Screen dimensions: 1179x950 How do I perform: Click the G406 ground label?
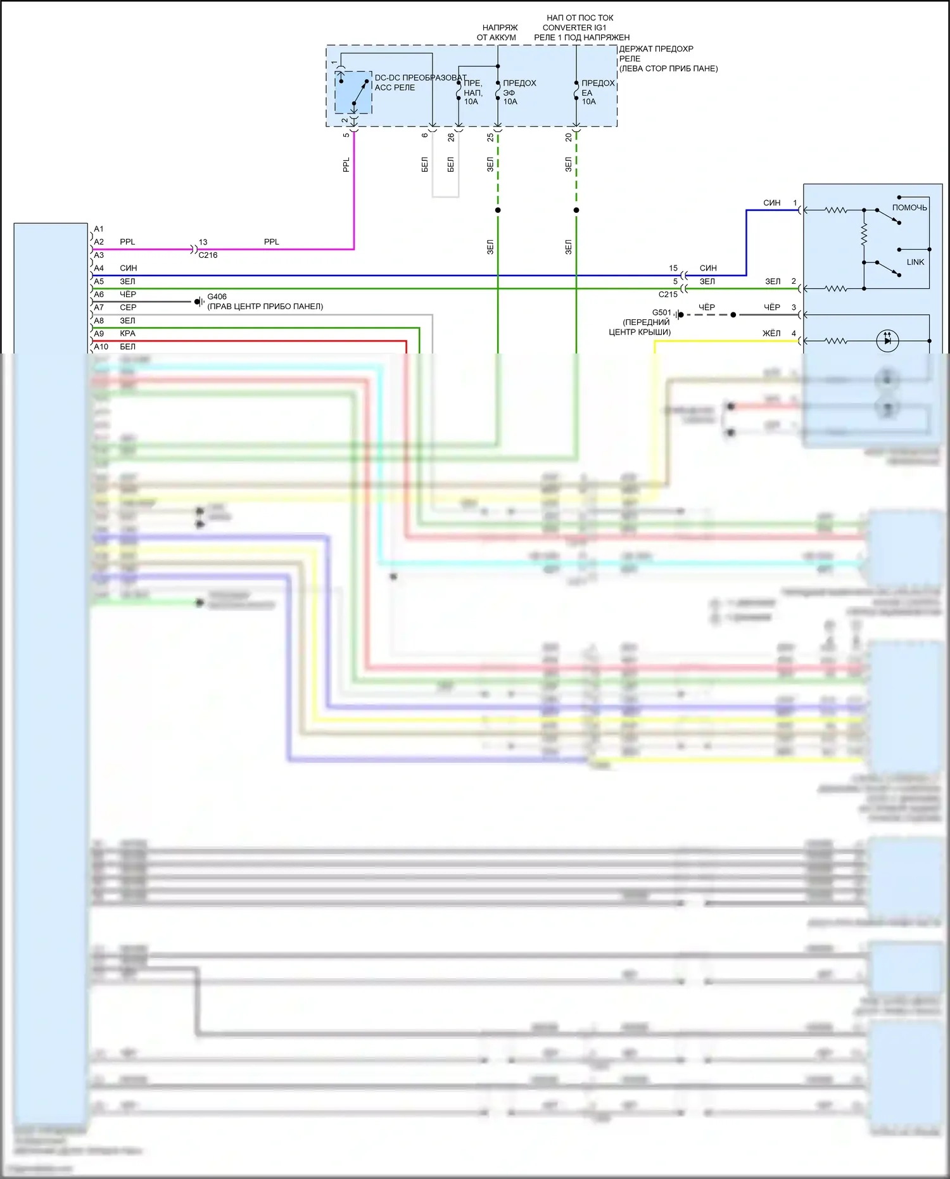pos(217,296)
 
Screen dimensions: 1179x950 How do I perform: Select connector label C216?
pos(208,255)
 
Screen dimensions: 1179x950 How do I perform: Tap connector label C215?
pos(668,295)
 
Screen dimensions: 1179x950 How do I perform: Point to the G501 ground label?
pos(661,312)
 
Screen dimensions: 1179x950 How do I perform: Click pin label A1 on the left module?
pos(99,229)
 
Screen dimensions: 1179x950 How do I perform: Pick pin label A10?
pos(101,347)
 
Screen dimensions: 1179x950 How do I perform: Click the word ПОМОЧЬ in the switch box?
pos(909,208)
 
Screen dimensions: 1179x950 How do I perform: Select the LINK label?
pos(915,262)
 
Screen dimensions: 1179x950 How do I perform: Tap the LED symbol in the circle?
pos(887,341)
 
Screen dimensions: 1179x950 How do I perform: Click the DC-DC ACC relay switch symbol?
pos(353,92)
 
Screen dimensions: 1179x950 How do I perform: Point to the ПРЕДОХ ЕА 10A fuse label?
pos(597,92)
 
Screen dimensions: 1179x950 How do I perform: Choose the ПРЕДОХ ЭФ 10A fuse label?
pos(519,92)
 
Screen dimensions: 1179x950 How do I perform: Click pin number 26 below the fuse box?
pos(451,137)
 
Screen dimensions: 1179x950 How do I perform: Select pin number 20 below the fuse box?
pos(569,137)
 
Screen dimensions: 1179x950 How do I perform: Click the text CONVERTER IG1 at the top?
pos(574,28)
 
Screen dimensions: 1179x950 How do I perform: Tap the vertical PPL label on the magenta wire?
pos(346,165)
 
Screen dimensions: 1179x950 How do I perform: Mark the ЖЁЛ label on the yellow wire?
pos(771,333)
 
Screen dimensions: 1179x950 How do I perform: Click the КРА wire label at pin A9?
pos(127,334)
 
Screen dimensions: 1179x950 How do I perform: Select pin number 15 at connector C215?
pos(673,269)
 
